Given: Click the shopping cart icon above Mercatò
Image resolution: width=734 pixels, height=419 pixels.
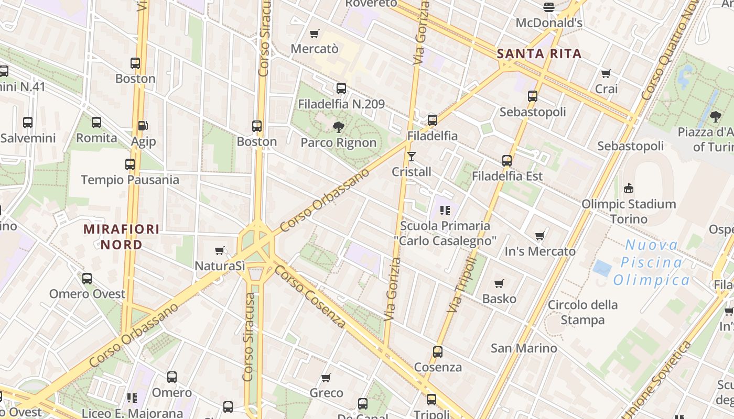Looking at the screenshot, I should (314, 34).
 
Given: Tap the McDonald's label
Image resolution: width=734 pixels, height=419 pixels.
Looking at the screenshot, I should (549, 23).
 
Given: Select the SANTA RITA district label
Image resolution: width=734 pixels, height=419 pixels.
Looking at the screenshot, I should (539, 53).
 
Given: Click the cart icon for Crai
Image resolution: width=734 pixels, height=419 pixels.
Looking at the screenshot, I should (606, 74).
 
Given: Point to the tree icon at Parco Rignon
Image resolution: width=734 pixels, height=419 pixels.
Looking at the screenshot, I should (339, 127).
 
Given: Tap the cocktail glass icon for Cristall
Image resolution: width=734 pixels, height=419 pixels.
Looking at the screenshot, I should (412, 157).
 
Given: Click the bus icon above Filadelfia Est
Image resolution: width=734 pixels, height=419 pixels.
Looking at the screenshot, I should (506, 161).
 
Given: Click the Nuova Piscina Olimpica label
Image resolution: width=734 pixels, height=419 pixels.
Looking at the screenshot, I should (652, 262).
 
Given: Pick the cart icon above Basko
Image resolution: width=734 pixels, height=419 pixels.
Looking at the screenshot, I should (499, 284).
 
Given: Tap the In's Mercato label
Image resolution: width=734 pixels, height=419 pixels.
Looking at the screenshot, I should (540, 251).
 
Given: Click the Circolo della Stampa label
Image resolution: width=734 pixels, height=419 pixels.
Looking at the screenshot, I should (582, 312).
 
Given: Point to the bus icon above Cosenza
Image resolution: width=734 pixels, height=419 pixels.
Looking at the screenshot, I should (438, 352).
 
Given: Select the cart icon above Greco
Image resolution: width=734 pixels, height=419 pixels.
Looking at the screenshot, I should (326, 378).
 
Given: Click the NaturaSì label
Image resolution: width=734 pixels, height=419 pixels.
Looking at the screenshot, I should (220, 266).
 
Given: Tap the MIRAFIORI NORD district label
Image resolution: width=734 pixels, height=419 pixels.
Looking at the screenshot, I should (122, 237).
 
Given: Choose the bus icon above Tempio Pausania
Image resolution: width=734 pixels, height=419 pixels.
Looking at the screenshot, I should (130, 164).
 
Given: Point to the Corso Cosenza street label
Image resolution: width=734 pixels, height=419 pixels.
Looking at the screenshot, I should (310, 296).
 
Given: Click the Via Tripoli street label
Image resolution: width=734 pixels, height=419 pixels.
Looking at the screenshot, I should (462, 285).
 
